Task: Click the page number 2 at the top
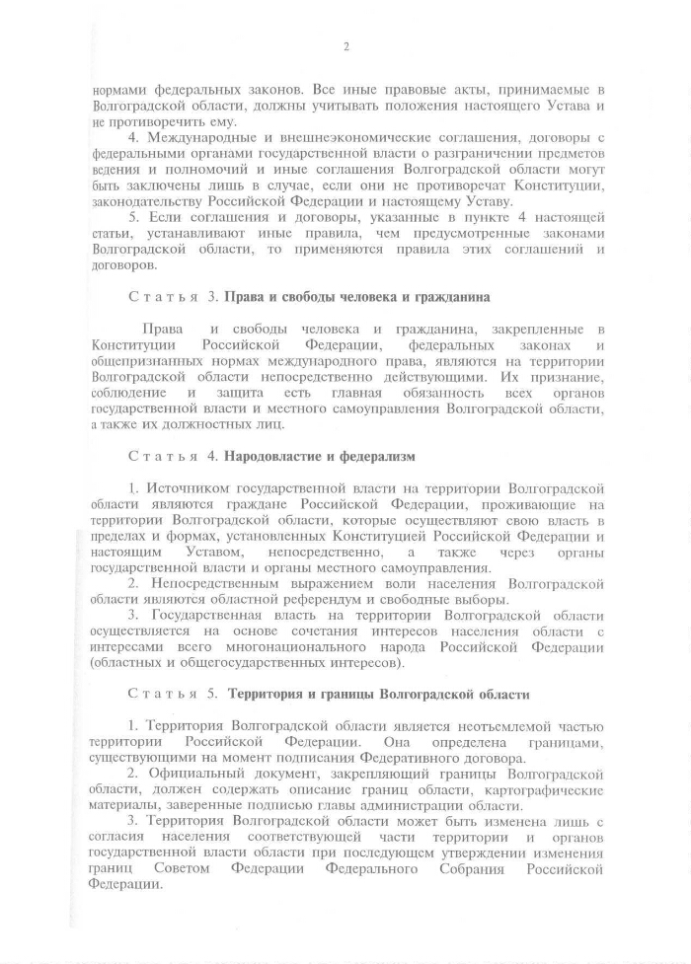point(346,46)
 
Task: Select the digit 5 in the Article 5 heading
point(210,694)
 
